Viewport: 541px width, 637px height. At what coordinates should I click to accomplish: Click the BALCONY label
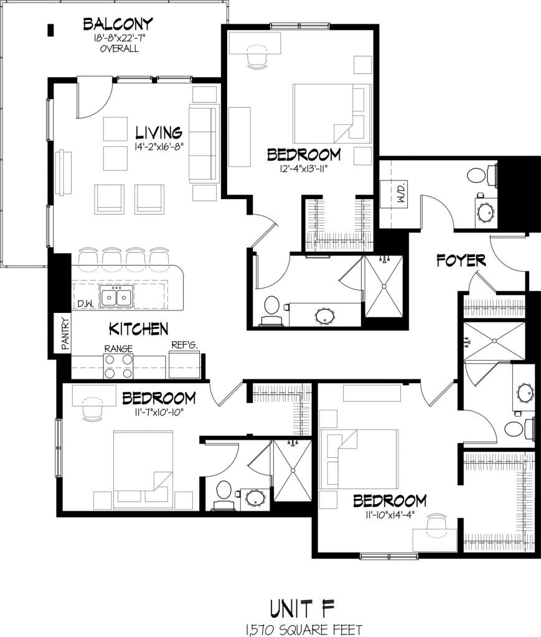tap(118, 25)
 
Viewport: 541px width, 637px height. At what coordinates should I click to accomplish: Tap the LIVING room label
tap(159, 133)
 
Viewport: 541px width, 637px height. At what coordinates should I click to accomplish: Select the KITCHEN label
tap(138, 328)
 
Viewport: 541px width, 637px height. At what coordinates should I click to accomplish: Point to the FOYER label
tap(461, 260)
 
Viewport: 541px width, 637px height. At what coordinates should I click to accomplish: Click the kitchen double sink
tap(117, 298)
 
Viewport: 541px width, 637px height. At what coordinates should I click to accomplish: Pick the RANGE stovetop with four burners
tap(118, 366)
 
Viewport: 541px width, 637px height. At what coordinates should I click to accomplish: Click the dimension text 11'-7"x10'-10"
tap(159, 411)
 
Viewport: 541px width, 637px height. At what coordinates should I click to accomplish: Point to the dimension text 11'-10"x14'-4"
tap(389, 514)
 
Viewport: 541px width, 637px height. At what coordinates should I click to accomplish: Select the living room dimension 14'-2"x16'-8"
tap(158, 147)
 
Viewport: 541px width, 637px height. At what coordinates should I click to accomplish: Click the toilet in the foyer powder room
tap(479, 175)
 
